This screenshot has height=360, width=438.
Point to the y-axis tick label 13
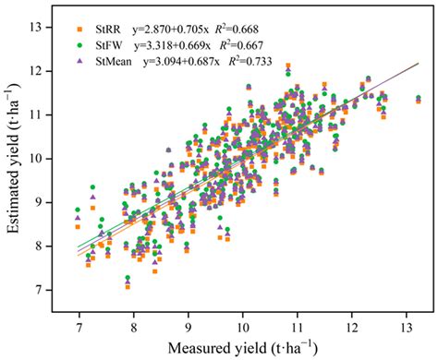(53, 27)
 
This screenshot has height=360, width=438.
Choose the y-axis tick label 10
(53, 158)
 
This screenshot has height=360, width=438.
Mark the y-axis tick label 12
(53, 70)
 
